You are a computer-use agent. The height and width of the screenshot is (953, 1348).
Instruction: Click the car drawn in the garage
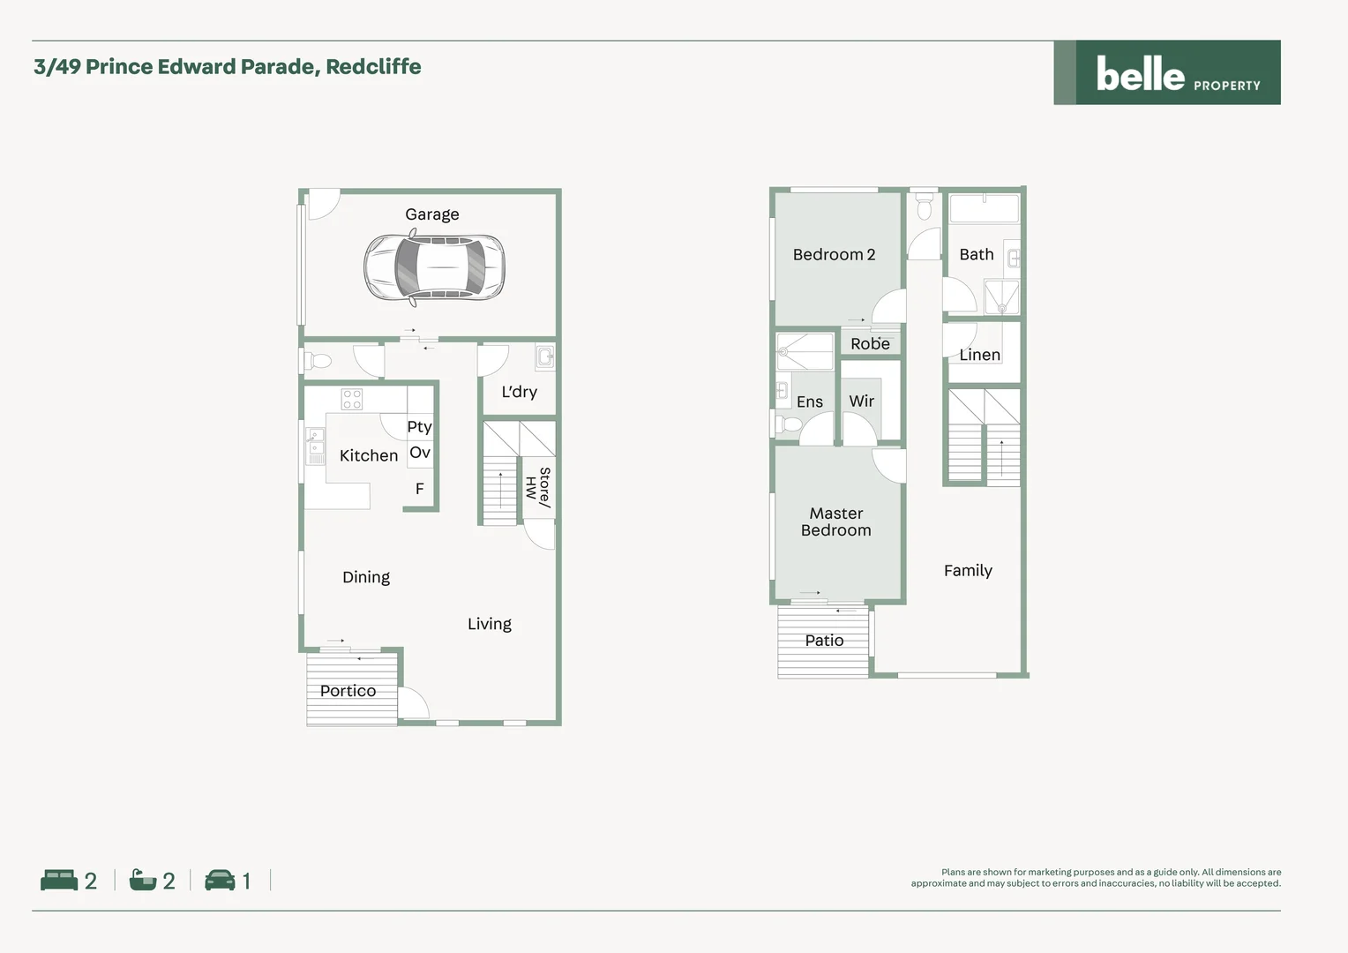tap(434, 266)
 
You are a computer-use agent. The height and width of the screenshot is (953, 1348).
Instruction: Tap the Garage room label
tap(432, 214)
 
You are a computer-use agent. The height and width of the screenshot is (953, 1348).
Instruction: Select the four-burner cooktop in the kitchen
tap(352, 399)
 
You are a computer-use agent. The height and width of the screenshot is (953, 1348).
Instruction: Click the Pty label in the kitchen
tap(419, 427)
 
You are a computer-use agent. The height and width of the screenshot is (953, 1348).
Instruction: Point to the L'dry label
tap(519, 392)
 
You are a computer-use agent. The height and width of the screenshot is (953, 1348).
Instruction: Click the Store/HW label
tap(538, 487)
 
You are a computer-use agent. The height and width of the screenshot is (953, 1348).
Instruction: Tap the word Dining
tap(366, 577)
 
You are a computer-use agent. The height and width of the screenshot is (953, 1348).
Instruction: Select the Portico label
tap(348, 691)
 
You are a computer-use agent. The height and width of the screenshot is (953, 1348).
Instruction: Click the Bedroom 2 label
tap(834, 255)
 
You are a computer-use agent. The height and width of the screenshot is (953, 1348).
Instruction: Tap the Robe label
tap(870, 344)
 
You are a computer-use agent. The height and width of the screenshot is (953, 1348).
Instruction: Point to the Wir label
tap(861, 401)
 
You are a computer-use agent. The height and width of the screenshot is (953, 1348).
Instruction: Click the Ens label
tap(809, 402)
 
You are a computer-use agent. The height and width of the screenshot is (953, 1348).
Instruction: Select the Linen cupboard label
tap(979, 355)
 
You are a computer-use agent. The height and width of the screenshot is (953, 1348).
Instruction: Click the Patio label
tap(824, 641)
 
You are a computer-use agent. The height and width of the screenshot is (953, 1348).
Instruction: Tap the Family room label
tap(968, 571)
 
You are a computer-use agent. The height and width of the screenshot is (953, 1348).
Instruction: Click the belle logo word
tap(1140, 74)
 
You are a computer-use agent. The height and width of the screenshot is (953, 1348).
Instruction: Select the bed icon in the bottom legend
tap(59, 880)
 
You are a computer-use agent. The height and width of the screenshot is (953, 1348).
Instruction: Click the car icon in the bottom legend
tap(220, 880)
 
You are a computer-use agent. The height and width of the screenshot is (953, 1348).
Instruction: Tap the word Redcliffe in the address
tap(373, 67)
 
